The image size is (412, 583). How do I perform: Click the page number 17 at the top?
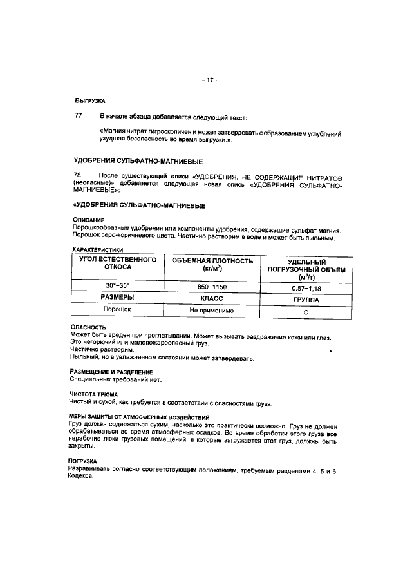pos(210,81)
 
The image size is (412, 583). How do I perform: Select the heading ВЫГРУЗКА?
pos(89,101)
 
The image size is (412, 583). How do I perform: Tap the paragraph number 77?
pos(79,117)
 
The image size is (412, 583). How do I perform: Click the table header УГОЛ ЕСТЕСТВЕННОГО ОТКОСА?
pos(118,263)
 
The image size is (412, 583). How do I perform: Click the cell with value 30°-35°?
pos(118,285)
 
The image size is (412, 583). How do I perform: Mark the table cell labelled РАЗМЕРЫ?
pos(118,297)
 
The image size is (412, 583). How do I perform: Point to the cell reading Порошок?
pos(118,309)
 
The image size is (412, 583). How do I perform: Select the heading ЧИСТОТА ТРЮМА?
pos(98,395)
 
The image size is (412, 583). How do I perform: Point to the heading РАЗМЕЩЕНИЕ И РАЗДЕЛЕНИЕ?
pos(111,372)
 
